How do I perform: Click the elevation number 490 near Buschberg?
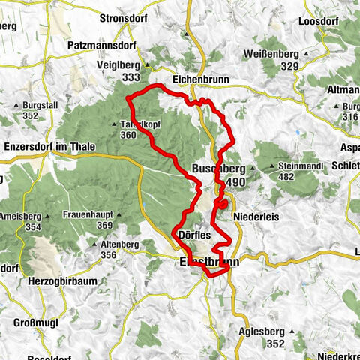235,182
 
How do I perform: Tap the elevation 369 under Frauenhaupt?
104,225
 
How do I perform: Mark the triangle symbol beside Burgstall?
16,106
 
